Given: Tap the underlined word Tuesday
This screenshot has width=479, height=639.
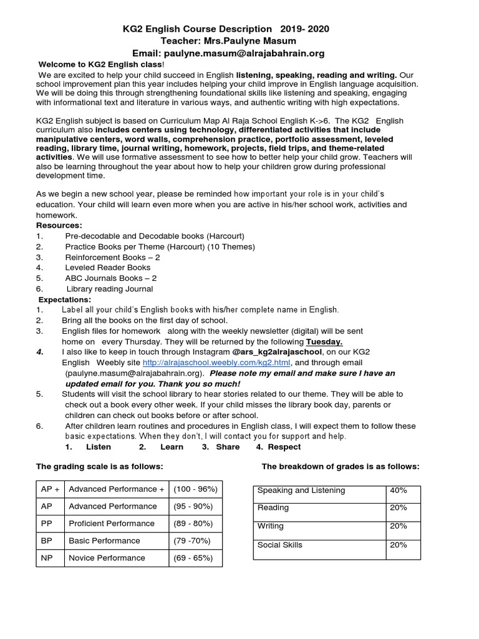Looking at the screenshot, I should pyautogui.click(x=324, y=342).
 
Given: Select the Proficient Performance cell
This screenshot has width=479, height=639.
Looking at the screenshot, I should pyautogui.click(x=112, y=524).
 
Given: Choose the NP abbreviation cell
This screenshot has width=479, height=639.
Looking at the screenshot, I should pyautogui.click(x=47, y=558).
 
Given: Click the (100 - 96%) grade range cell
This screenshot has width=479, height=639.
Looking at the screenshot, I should pyautogui.click(x=195, y=489).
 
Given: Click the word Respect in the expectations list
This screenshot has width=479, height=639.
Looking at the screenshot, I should pyautogui.click(x=284, y=447).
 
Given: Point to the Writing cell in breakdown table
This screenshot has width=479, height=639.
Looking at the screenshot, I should pyautogui.click(x=270, y=527).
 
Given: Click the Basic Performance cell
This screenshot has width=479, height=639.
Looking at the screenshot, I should pyautogui.click(x=104, y=540).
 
